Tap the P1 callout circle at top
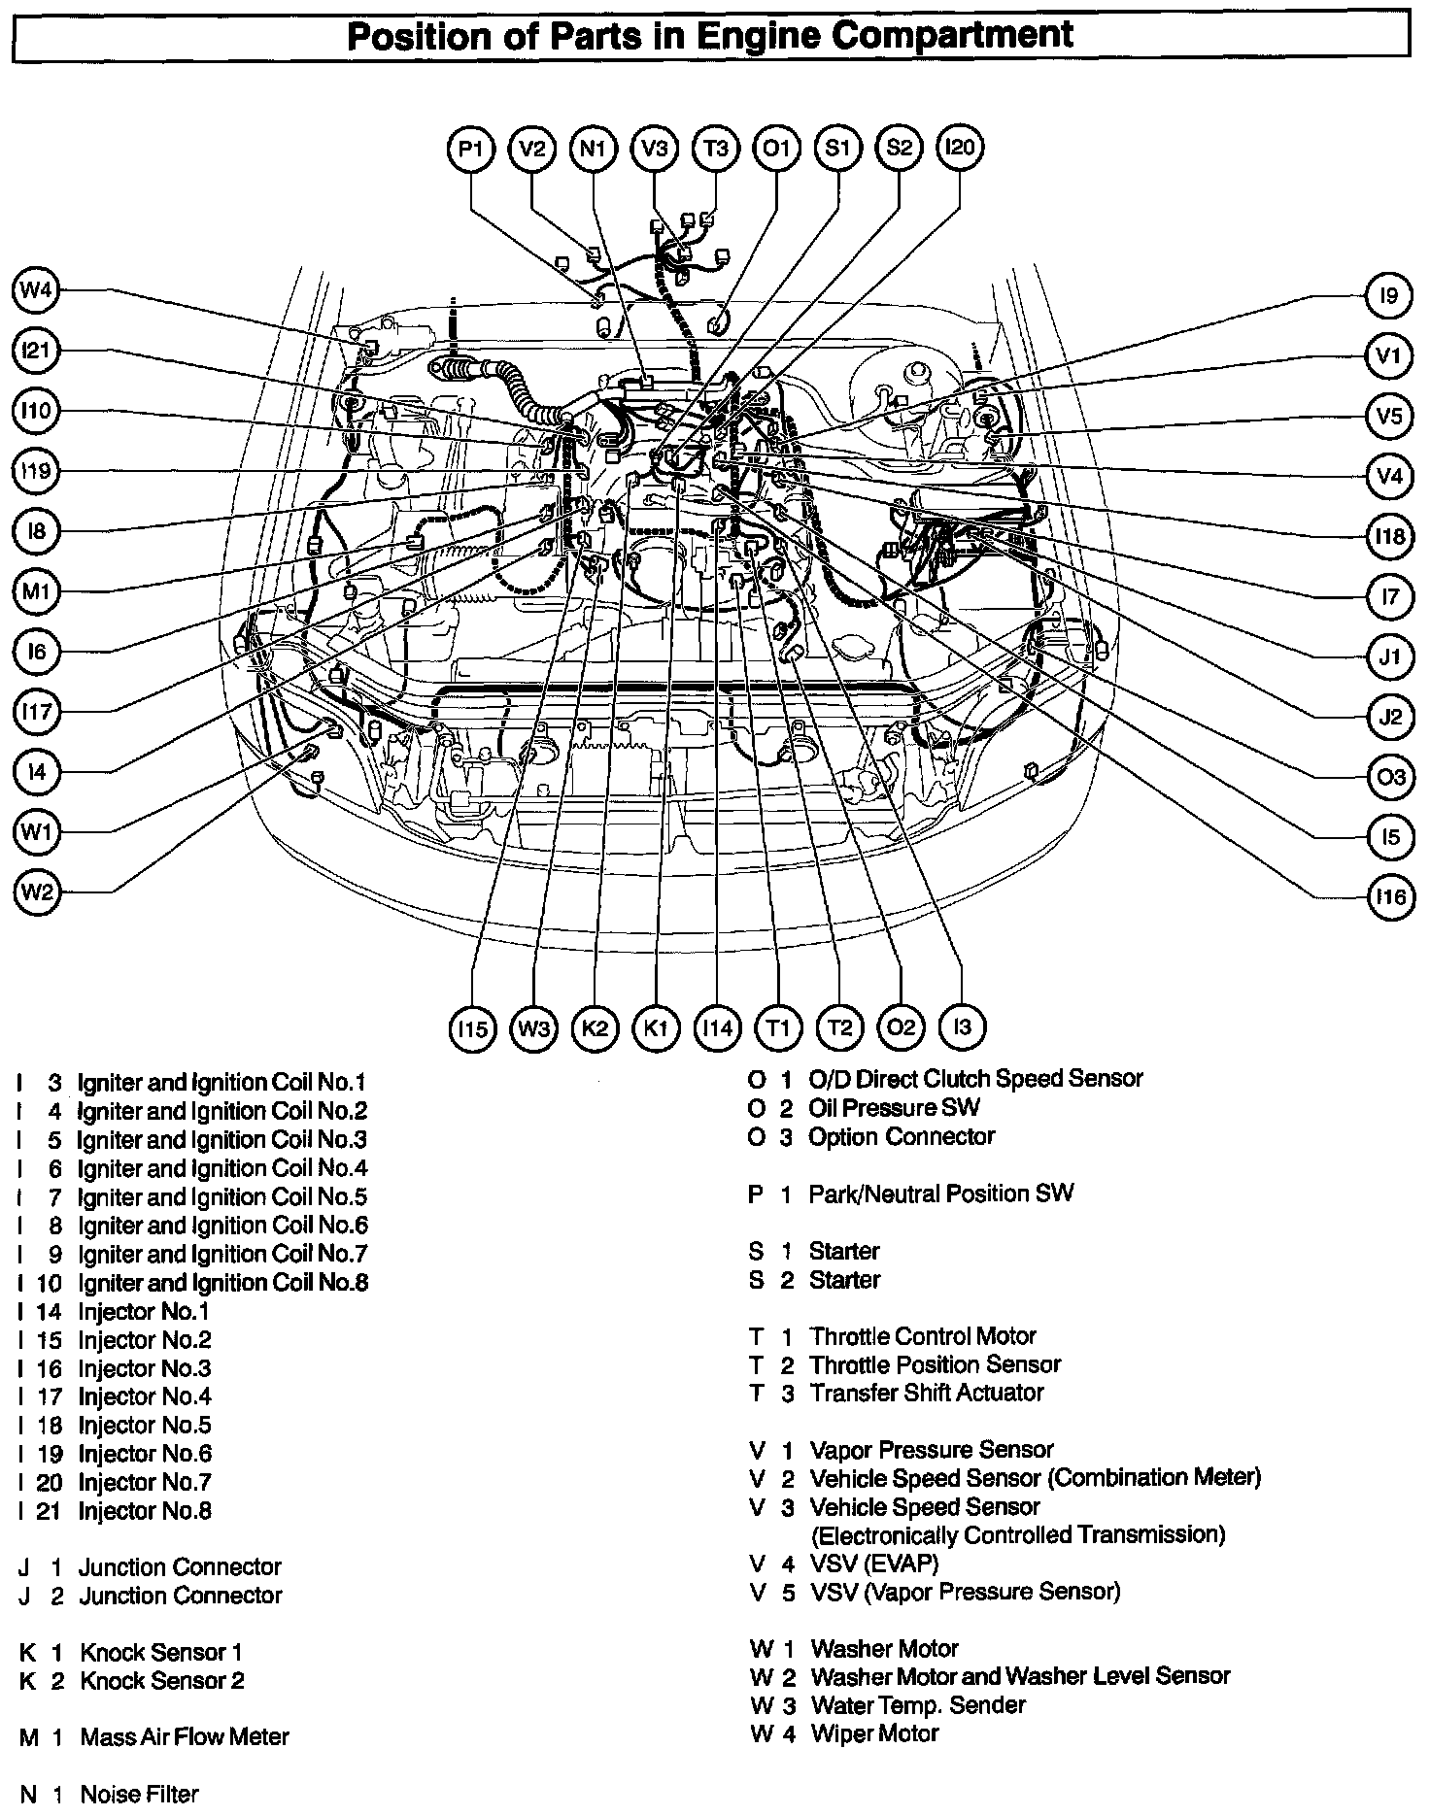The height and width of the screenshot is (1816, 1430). pyautogui.click(x=471, y=149)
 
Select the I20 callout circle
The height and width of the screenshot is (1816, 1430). pyautogui.click(x=959, y=148)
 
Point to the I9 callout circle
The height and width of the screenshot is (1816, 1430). pyautogui.click(x=1388, y=295)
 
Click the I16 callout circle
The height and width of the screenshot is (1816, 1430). pyautogui.click(x=1390, y=896)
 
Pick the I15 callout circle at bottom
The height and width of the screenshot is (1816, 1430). pyautogui.click(x=472, y=1027)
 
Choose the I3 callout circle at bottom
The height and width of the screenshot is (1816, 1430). pyautogui.click(x=962, y=1027)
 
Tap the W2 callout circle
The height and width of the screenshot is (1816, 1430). pyautogui.click(x=36, y=892)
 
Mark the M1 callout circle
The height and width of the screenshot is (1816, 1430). pyautogui.click(x=36, y=590)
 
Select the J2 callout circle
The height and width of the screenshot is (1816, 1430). pyautogui.click(x=1390, y=717)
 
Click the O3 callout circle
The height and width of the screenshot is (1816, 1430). pyautogui.click(x=1390, y=777)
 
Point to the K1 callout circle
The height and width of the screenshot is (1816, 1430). pyautogui.click(x=656, y=1027)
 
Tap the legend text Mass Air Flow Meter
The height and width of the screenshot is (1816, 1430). pyautogui.click(x=185, y=1736)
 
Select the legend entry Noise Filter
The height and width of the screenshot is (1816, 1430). pyautogui.click(x=139, y=1794)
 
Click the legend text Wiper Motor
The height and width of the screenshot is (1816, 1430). pyautogui.click(x=874, y=1732)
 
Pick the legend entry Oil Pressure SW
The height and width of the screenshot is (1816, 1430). pyautogui.click(x=894, y=1107)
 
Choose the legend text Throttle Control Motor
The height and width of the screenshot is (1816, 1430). pyautogui.click(x=923, y=1336)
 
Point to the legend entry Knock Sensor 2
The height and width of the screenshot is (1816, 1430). pyautogui.click(x=161, y=1680)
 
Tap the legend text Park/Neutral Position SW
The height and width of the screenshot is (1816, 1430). pyautogui.click(x=940, y=1194)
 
